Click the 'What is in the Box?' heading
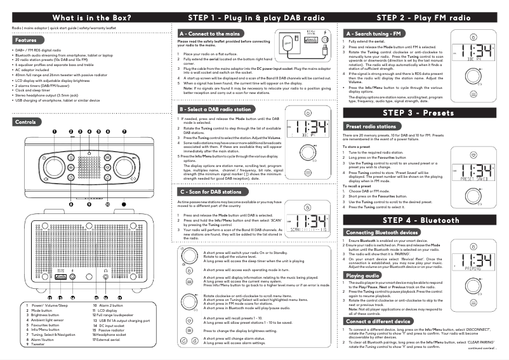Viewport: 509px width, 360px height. (83, 17)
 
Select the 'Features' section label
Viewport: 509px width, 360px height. (25, 40)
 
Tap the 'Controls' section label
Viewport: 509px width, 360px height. (25, 121)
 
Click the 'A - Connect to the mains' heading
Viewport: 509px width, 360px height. (209, 33)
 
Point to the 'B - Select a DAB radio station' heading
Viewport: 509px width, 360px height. (219, 109)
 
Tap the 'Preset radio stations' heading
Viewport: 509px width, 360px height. (370, 126)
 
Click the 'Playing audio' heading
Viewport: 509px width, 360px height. (362, 276)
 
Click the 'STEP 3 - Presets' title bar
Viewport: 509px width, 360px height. (421, 112)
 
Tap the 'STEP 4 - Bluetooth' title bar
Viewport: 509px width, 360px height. (421, 220)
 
